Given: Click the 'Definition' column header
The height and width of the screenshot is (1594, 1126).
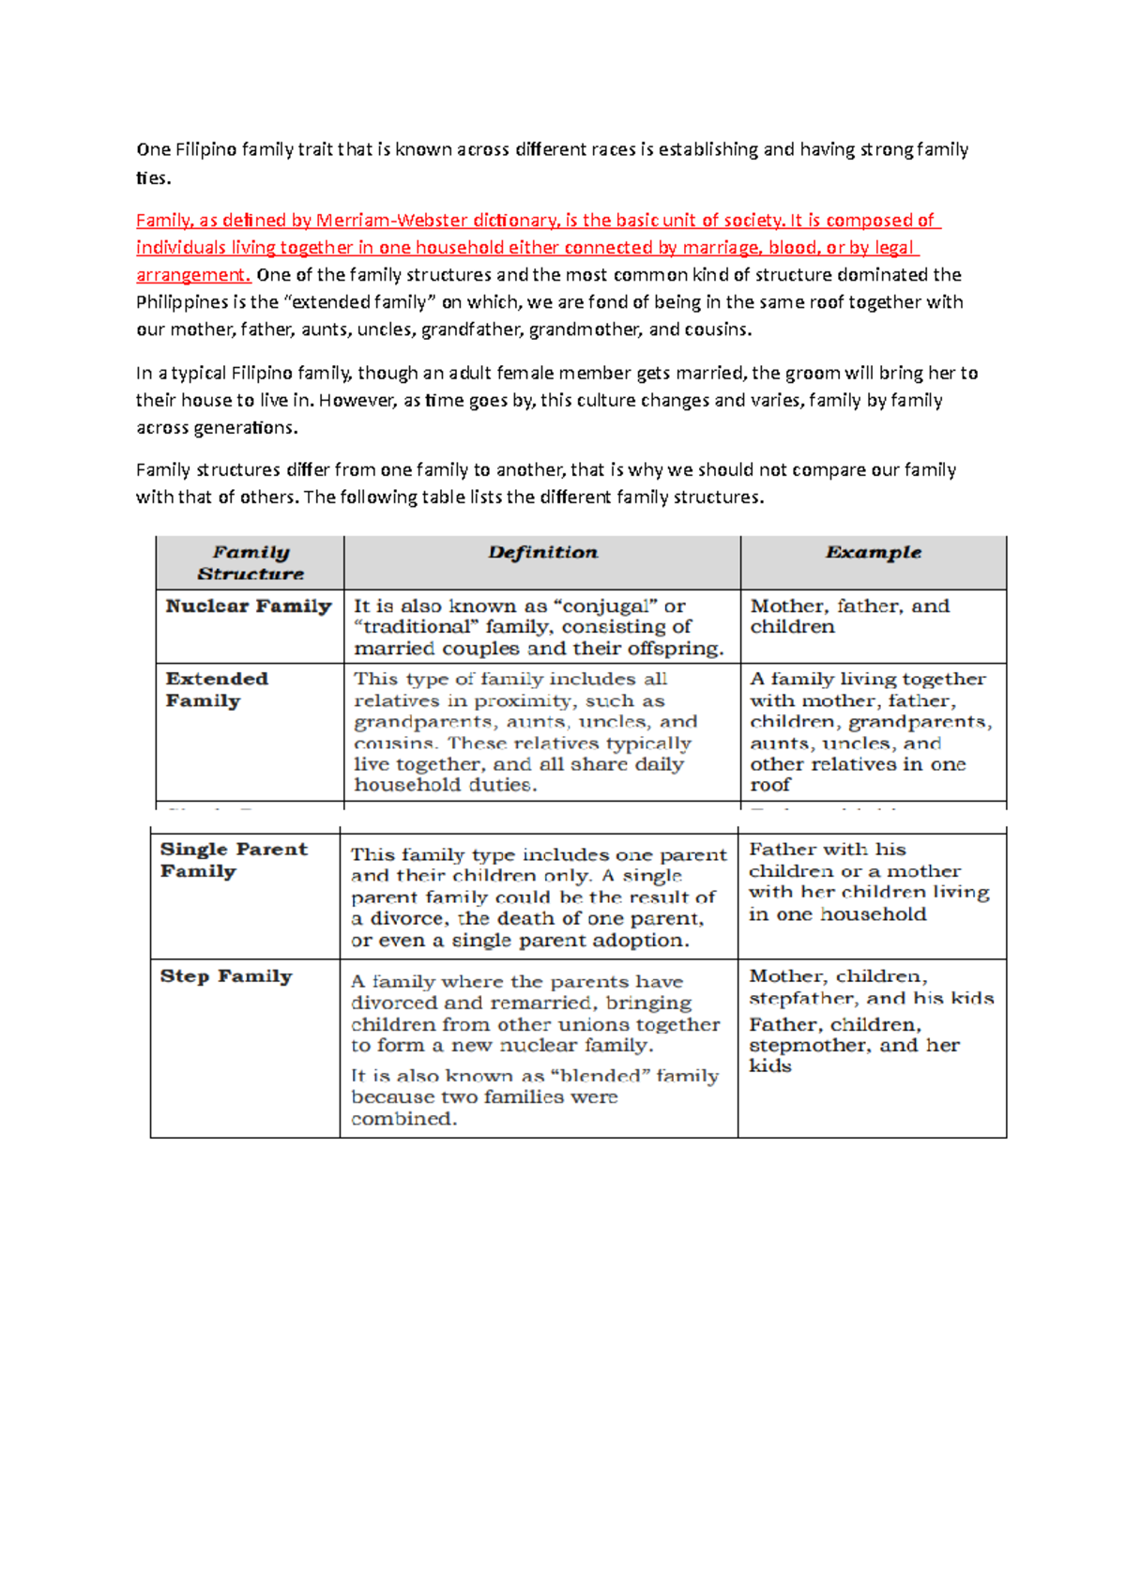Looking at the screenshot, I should click(542, 553).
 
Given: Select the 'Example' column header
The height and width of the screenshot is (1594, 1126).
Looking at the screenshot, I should click(873, 553).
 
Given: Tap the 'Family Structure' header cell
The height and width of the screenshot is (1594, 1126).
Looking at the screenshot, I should click(251, 563).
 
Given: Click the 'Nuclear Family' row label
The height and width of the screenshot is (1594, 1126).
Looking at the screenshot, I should click(249, 606).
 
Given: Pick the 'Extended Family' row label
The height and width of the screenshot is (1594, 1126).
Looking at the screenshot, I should click(217, 690).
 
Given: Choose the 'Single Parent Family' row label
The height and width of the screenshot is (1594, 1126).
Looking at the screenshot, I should click(234, 860).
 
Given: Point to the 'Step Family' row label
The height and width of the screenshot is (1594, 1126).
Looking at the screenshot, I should click(226, 976).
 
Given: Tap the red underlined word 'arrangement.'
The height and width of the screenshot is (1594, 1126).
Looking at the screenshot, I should click(193, 275).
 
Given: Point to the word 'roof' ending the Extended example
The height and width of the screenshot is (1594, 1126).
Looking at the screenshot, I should click(769, 785).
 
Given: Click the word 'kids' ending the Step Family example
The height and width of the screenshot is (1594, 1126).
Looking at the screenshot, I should click(769, 1066).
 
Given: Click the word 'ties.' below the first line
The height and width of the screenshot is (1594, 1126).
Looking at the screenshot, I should click(153, 178).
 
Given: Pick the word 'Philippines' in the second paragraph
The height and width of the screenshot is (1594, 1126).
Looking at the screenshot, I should click(182, 302).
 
